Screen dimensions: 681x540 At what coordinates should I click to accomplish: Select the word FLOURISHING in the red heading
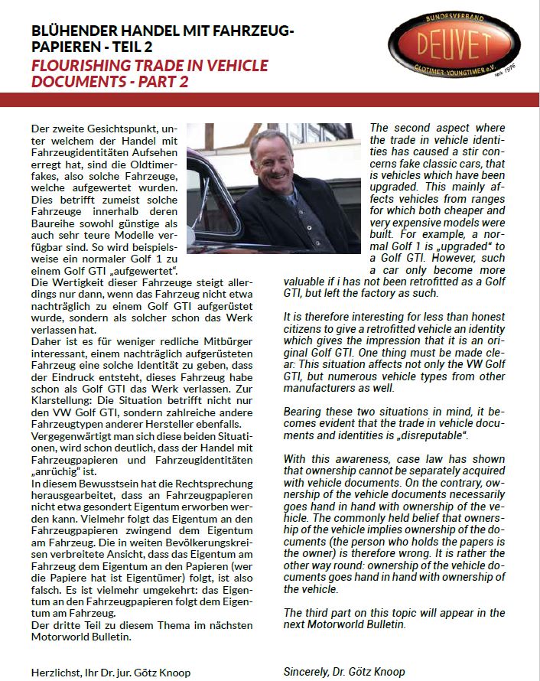point(76,66)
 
